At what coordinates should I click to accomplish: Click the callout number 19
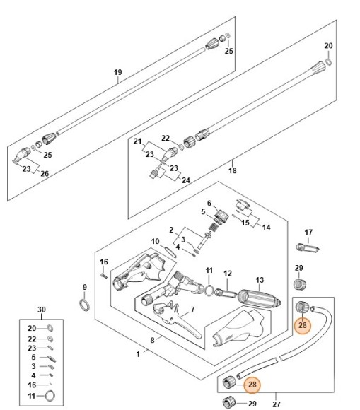[x=117, y=73]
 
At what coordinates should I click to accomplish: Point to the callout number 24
[x=187, y=180]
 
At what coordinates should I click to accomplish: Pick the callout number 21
[x=138, y=141]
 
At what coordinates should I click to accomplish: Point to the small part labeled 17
[x=309, y=248]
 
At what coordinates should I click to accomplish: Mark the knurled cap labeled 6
[x=223, y=216]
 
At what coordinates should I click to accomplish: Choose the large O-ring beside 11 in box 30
[x=50, y=397]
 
